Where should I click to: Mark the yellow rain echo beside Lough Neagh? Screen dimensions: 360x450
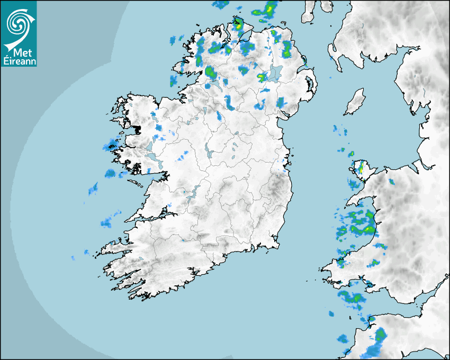click(x=262, y=77)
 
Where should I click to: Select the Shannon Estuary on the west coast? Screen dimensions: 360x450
click(x=154, y=215)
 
